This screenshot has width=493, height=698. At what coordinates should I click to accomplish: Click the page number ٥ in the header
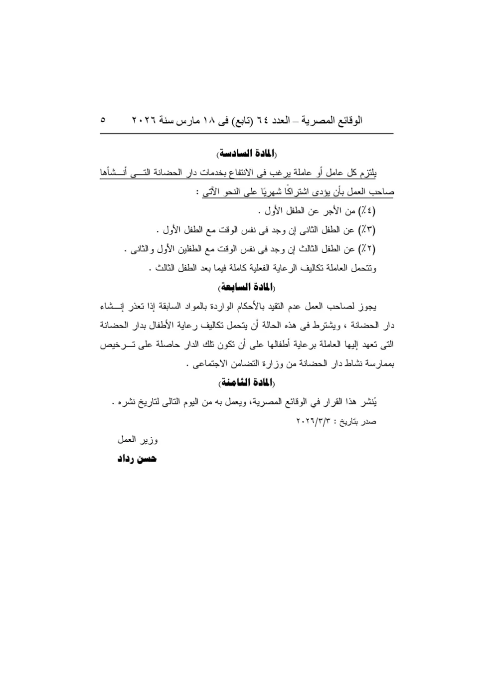click(x=103, y=120)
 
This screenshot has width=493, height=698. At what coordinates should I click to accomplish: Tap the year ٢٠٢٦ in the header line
click(x=144, y=121)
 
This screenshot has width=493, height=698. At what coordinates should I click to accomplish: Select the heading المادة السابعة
click(x=247, y=288)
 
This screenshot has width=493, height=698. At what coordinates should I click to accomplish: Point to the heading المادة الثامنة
click(x=247, y=382)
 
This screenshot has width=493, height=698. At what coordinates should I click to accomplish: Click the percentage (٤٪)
click(x=367, y=211)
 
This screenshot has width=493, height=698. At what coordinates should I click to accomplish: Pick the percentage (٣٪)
click(x=367, y=230)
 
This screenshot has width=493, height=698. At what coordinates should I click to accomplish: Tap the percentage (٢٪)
click(x=367, y=249)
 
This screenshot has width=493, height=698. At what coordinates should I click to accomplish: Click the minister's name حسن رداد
click(x=137, y=459)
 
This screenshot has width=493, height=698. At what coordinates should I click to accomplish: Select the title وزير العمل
click(x=138, y=440)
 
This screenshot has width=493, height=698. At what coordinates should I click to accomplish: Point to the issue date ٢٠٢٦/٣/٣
click(x=314, y=421)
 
